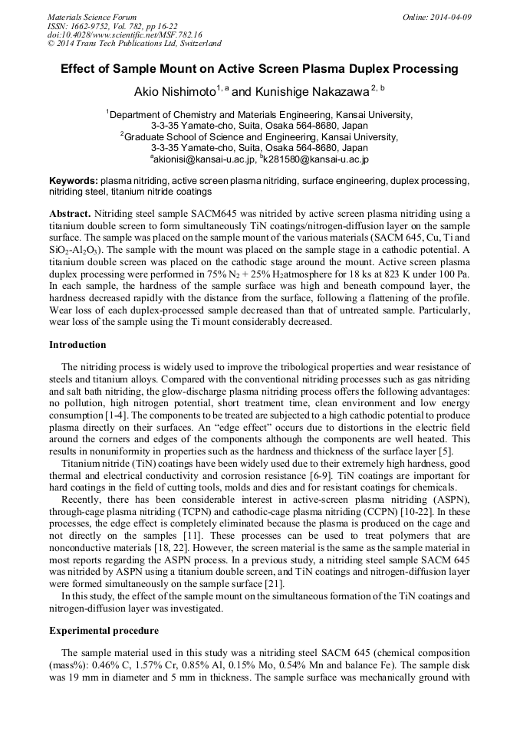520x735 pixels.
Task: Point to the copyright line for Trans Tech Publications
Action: [x=134, y=44]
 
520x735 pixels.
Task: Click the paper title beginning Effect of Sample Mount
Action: [x=259, y=69]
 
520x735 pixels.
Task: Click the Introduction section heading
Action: [x=77, y=345]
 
